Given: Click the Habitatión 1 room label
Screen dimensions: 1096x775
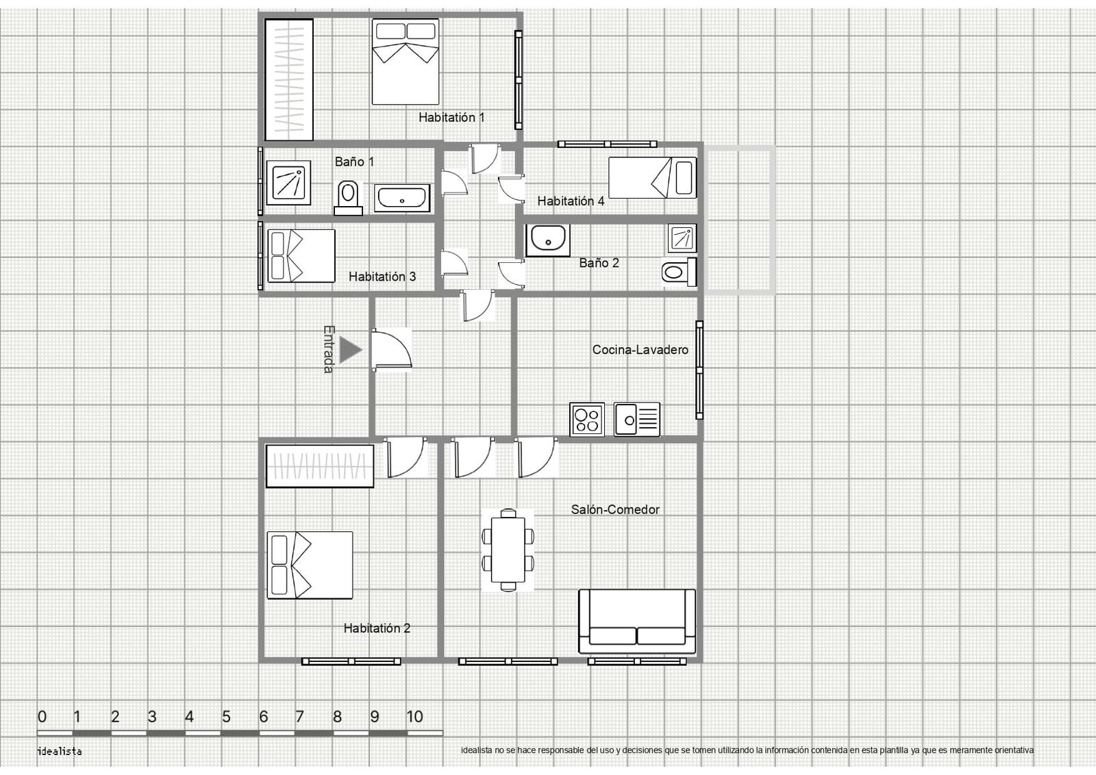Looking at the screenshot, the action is [451, 117].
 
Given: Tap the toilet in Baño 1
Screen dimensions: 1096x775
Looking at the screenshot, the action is [348, 198].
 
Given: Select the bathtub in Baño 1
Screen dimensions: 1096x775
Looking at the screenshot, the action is [402, 198].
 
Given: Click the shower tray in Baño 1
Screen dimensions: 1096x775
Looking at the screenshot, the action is [288, 182].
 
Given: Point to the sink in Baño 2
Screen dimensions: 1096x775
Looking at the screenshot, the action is [548, 240].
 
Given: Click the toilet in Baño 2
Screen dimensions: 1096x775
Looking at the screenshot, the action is [679, 271].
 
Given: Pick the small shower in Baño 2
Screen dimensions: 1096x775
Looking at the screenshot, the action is [682, 238].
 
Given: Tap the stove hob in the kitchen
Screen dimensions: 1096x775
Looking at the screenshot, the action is [587, 419].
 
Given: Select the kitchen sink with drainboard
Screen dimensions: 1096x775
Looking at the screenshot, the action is [637, 419].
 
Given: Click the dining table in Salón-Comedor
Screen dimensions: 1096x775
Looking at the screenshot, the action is [508, 550].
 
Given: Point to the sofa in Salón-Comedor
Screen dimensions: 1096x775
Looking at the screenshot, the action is [637, 621].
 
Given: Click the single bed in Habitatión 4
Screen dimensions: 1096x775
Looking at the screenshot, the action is [652, 177].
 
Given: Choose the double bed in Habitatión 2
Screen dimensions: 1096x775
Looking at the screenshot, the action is [310, 566].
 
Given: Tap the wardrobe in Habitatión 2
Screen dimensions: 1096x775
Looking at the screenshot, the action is [320, 466].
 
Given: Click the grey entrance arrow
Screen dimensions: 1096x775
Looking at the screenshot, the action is [350, 350].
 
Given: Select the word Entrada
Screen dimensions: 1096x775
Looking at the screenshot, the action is [329, 349].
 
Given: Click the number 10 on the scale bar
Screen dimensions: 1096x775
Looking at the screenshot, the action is [414, 717].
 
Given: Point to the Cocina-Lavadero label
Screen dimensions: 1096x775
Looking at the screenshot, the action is [640, 350].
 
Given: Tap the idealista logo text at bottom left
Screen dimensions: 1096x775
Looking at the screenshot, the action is [60, 752].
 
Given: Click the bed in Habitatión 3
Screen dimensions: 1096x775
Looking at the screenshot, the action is [301, 256].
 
